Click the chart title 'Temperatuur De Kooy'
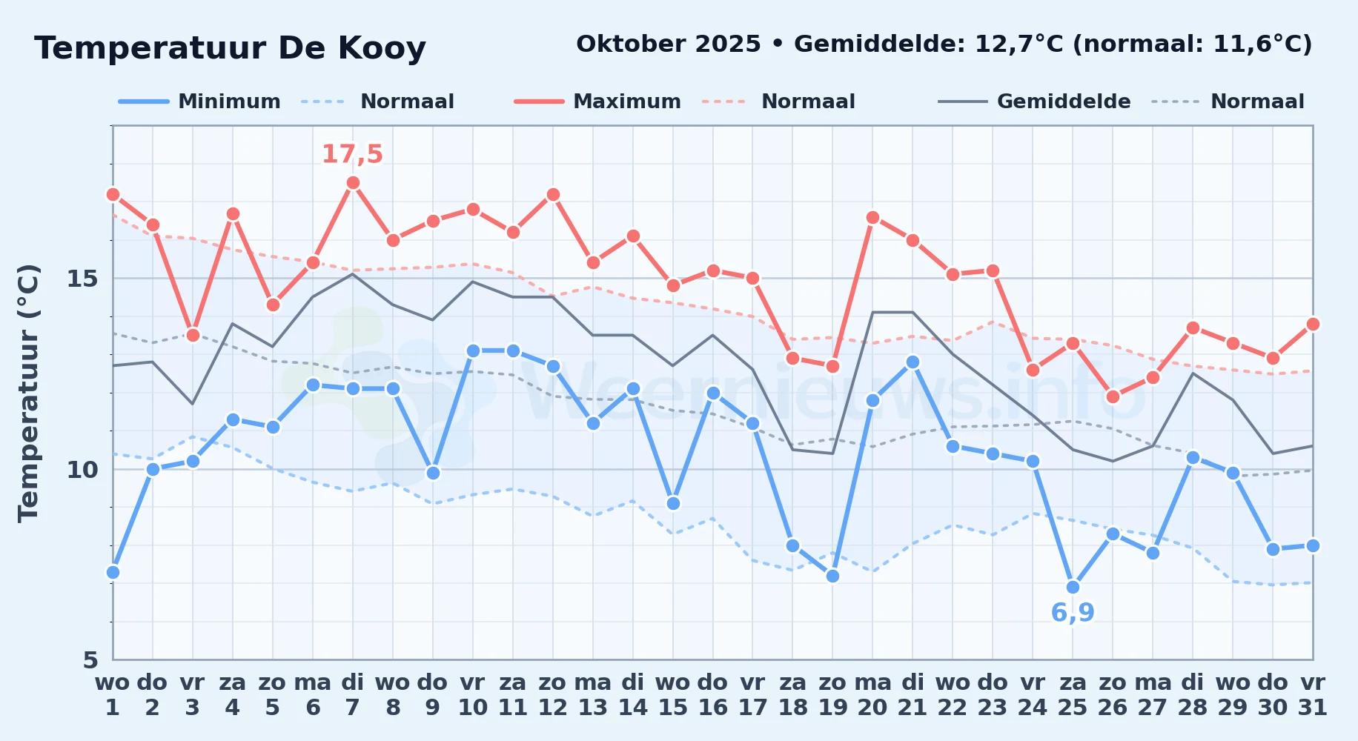(230, 48)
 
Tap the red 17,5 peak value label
(352, 154)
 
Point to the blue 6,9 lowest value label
(1073, 613)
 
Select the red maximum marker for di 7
(353, 183)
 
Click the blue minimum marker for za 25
(1073, 588)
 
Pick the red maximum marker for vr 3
(193, 335)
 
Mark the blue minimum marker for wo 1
(113, 572)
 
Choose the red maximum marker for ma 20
(872, 217)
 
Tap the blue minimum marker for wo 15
(673, 504)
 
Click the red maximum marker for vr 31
(1313, 324)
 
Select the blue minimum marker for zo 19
(832, 576)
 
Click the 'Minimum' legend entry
(199, 102)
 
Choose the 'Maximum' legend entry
(597, 102)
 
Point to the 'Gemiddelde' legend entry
(1035, 102)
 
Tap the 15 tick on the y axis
(82, 279)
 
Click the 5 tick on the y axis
(90, 659)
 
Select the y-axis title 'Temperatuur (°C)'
(28, 393)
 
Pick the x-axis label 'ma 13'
(593, 694)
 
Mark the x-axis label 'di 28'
(1193, 694)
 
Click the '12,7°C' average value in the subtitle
(1018, 44)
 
